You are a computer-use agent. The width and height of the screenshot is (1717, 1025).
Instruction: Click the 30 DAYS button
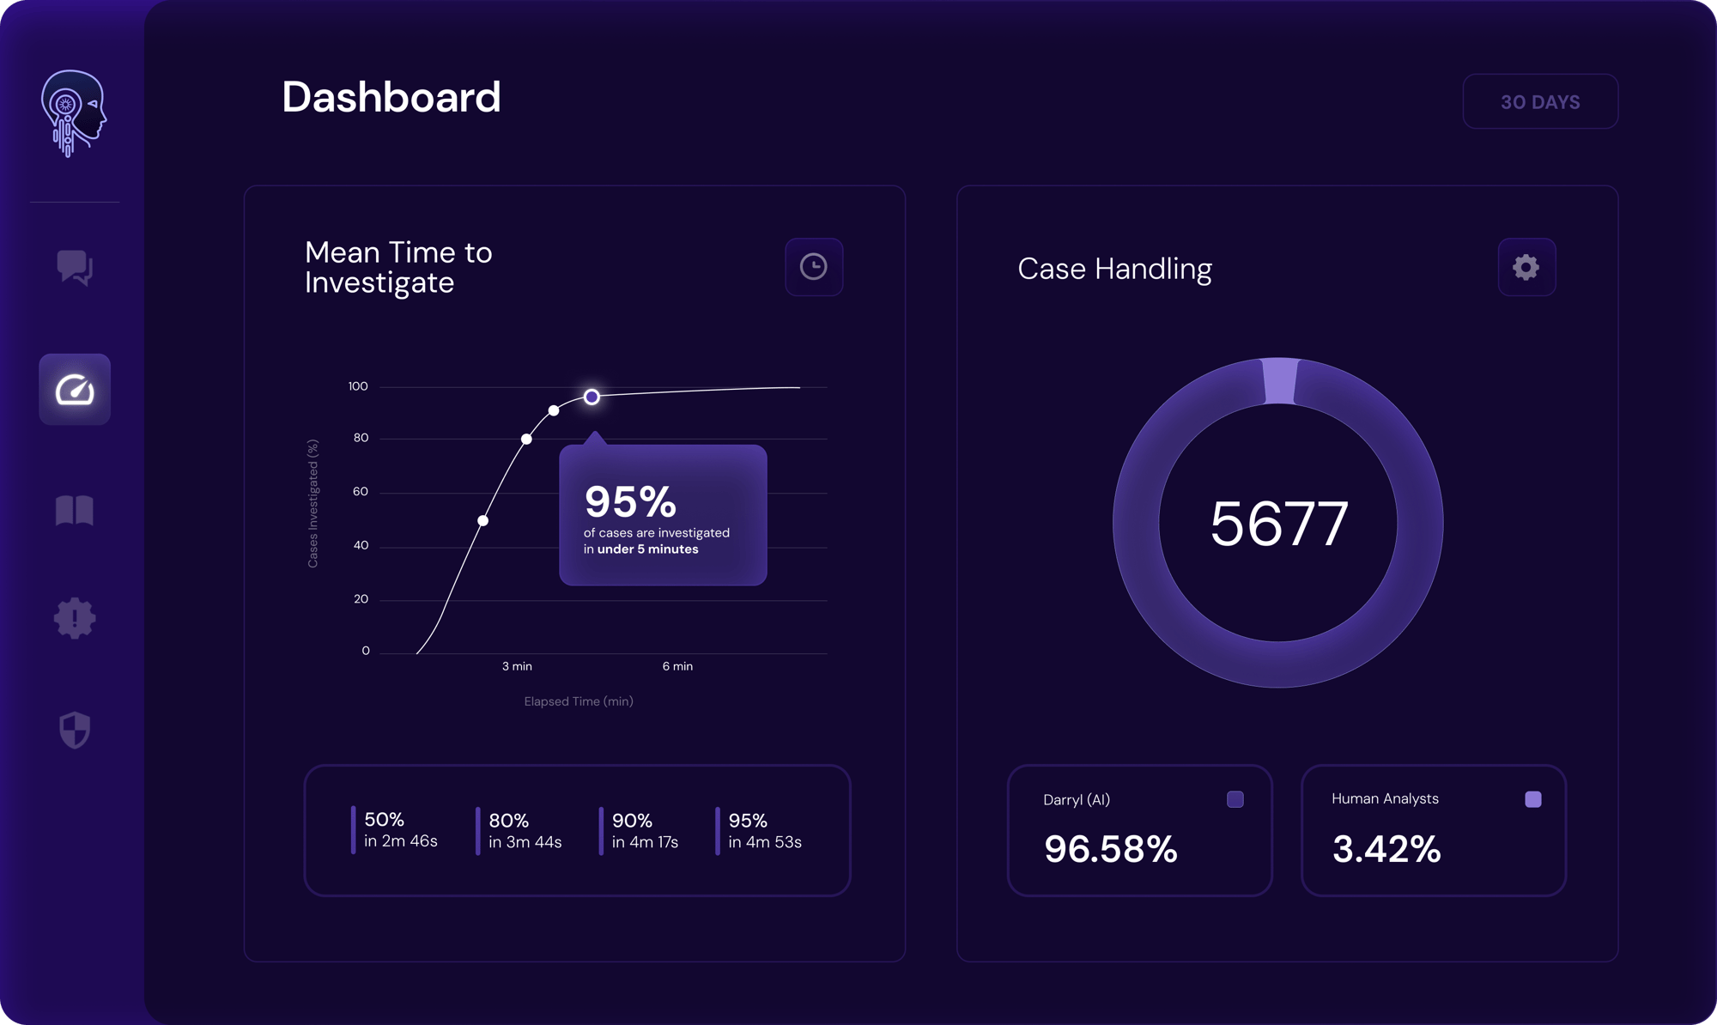tap(1540, 102)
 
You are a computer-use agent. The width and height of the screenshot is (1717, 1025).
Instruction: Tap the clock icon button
tap(814, 267)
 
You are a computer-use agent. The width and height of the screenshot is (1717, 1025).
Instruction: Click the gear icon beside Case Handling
tap(1526, 267)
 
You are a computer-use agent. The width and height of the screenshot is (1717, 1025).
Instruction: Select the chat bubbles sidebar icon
tap(75, 268)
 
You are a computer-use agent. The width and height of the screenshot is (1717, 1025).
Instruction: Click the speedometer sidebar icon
tap(75, 390)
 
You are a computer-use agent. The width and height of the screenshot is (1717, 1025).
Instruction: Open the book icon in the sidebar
tap(75, 511)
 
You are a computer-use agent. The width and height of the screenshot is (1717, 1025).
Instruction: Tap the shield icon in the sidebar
tap(75, 730)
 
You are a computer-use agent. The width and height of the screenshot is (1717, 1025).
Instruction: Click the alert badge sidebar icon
tap(75, 618)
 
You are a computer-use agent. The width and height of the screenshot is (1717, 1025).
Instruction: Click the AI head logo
tap(73, 113)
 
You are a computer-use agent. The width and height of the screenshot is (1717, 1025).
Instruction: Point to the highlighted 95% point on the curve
tap(592, 397)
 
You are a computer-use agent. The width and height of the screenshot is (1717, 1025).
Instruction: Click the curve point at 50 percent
tap(483, 520)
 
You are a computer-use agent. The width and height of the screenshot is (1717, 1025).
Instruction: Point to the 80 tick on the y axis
tap(361, 438)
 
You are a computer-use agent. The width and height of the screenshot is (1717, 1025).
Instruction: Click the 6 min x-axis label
tap(677, 666)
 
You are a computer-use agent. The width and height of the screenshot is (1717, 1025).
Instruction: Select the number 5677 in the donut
tap(1278, 524)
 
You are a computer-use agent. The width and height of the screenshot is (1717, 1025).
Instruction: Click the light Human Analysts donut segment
tap(1279, 380)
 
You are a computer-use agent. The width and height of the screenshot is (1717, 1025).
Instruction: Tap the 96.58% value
tap(1110, 849)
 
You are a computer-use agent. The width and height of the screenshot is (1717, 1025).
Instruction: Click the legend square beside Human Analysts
tap(1532, 799)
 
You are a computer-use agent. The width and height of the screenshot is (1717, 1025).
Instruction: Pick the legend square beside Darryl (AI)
tap(1235, 799)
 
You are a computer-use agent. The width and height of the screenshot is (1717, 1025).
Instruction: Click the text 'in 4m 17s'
tap(645, 842)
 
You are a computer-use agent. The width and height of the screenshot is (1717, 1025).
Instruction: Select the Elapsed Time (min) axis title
tap(579, 701)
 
